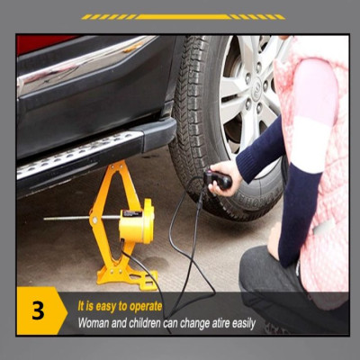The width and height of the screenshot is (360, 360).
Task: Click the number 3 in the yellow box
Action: (38, 311)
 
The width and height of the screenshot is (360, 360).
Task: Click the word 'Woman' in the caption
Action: (96, 322)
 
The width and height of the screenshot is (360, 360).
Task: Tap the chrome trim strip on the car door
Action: (85, 63)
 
